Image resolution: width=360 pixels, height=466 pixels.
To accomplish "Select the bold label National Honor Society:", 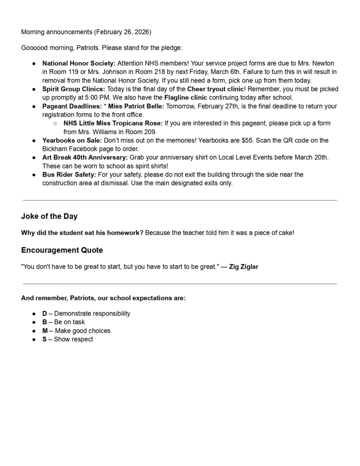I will (x=79, y=63).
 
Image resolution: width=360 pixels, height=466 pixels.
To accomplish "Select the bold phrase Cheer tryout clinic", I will (x=215, y=89).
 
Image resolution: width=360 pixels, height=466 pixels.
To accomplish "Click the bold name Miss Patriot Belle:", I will (x=136, y=106).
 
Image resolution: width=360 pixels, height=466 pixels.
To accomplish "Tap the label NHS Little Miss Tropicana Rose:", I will (x=113, y=123).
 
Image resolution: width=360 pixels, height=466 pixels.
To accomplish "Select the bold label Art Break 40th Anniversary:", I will (x=85, y=157).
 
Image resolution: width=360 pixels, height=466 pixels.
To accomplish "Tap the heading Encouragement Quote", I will (x=62, y=250).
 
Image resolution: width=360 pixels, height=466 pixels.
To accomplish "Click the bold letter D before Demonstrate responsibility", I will (x=45, y=314).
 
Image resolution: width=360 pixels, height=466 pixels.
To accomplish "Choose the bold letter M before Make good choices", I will (x=45, y=331).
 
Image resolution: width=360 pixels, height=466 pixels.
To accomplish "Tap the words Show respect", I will (x=73, y=339).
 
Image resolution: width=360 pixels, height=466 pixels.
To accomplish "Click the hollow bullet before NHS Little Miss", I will (x=55, y=123).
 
